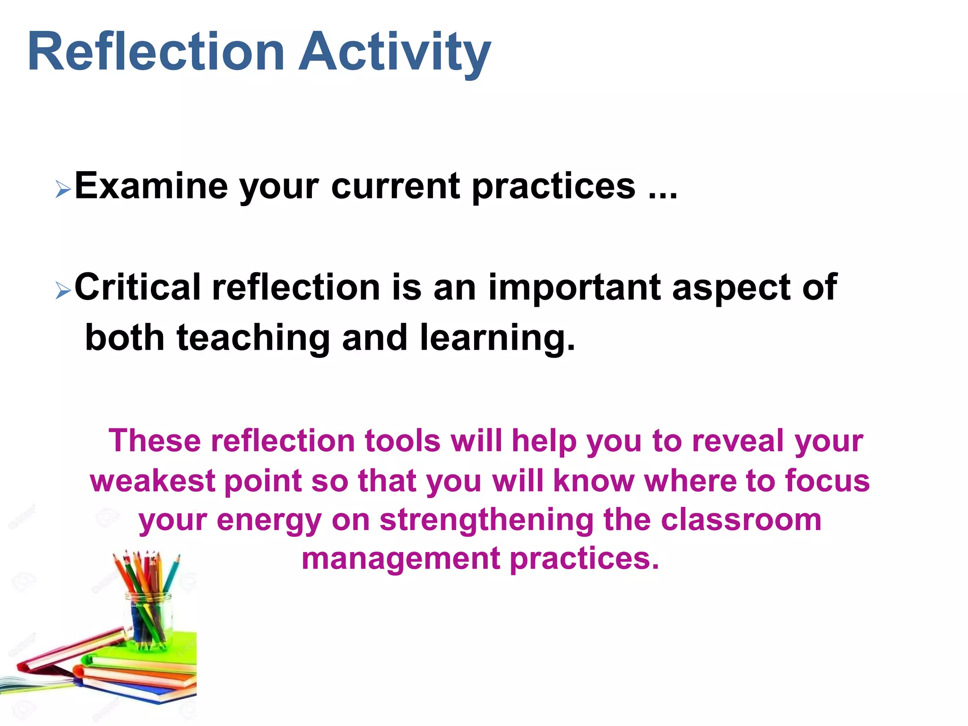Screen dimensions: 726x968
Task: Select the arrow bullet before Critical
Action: (x=63, y=290)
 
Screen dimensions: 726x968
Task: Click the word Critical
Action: (x=138, y=287)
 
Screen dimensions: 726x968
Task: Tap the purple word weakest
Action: (x=152, y=481)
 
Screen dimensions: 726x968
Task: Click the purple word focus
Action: (x=827, y=480)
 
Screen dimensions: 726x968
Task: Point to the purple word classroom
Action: (x=741, y=519)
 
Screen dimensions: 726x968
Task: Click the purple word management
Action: (x=401, y=559)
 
